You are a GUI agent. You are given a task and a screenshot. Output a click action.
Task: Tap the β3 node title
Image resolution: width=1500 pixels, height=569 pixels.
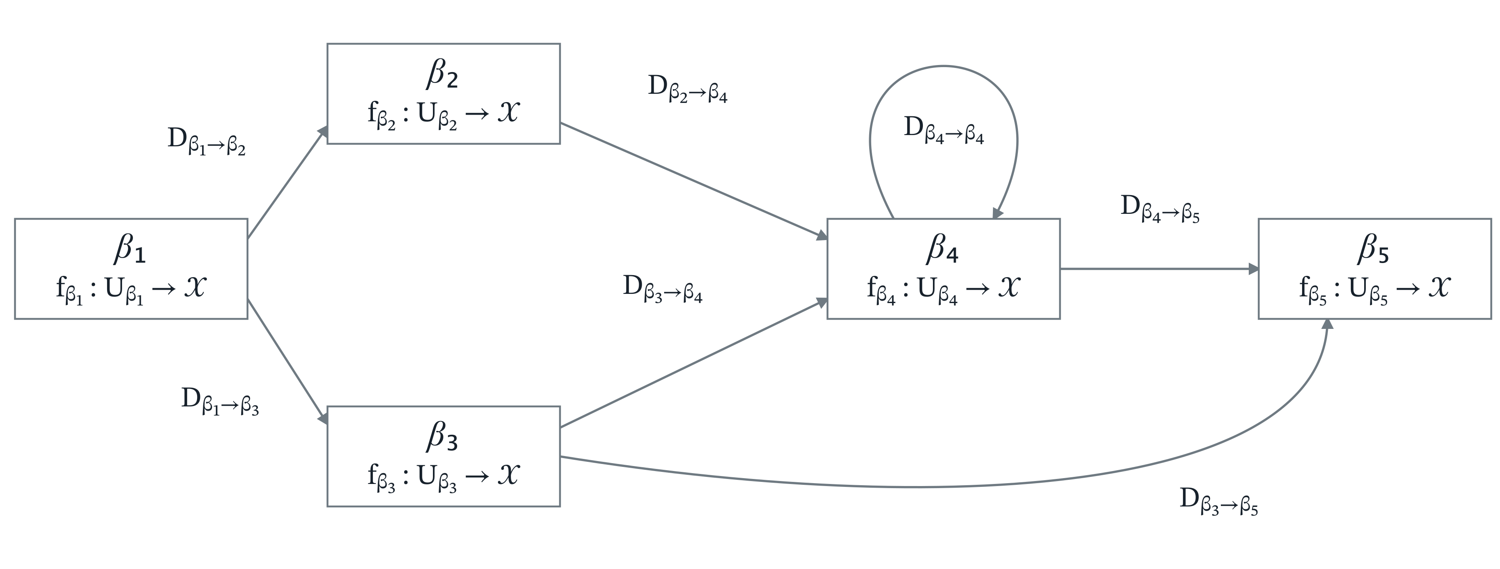[442, 437]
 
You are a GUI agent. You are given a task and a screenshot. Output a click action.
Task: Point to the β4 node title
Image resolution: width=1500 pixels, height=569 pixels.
[942, 249]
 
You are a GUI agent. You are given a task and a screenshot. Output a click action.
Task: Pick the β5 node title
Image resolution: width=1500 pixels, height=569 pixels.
[1374, 249]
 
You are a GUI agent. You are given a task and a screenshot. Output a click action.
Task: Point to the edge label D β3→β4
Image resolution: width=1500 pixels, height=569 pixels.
[662, 289]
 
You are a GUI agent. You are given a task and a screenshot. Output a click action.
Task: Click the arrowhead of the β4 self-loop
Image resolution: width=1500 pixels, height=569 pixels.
[997, 214]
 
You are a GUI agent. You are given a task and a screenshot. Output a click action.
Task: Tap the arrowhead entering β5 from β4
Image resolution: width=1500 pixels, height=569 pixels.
[1253, 269]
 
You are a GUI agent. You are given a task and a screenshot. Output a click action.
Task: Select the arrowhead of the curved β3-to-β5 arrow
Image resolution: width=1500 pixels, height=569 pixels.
[1327, 324]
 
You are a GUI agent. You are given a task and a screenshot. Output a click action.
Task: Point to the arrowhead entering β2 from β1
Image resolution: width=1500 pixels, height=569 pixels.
[322, 132]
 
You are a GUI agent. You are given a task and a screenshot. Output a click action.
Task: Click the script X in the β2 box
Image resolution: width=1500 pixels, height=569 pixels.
[508, 112]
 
